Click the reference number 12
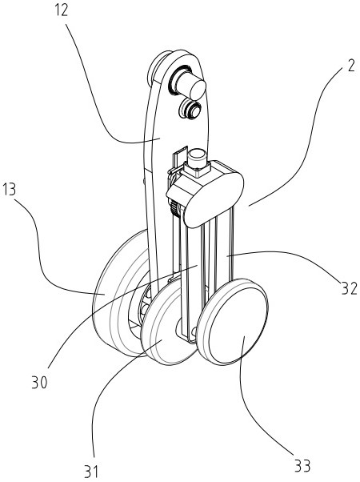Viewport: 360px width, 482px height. point(61,11)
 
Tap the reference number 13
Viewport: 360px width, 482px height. point(9,190)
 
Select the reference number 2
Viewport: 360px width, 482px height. point(351,66)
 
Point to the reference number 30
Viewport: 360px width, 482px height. point(40,383)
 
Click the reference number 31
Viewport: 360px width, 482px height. point(91,472)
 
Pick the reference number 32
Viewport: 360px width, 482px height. point(350,289)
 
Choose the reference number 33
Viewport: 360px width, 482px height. point(302,466)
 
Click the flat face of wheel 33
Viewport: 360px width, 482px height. point(238,322)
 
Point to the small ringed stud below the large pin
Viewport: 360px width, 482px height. point(190,108)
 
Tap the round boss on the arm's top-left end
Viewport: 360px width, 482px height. point(157,67)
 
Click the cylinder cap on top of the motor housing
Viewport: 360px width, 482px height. point(197,159)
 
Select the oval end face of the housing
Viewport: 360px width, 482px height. point(214,200)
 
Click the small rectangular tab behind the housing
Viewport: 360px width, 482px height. point(179,159)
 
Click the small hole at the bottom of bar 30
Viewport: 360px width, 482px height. point(194,331)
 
